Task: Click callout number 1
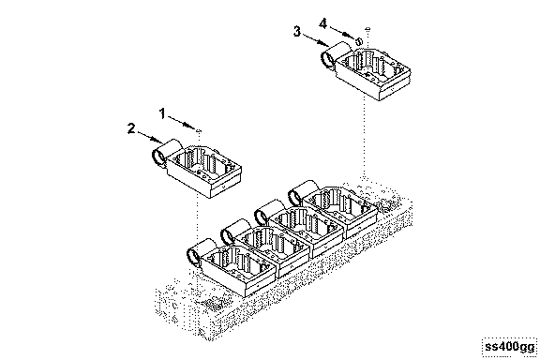click(x=162, y=113)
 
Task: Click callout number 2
click(x=131, y=128)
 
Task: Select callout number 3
click(x=297, y=31)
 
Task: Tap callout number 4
click(x=322, y=23)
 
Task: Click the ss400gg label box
click(x=510, y=347)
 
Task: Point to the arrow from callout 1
click(x=182, y=123)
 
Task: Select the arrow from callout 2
click(x=151, y=137)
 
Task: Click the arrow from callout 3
click(x=316, y=39)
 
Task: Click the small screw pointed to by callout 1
click(x=199, y=130)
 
